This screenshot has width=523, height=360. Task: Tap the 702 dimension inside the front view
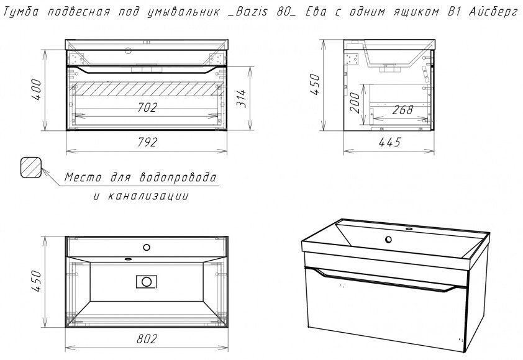pos(147,107)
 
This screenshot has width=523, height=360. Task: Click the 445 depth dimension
pos(389,142)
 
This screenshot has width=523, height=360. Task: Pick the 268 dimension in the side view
pos(403,110)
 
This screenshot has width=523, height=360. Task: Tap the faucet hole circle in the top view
pos(147,248)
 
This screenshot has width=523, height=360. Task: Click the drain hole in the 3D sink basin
pos(388,240)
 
